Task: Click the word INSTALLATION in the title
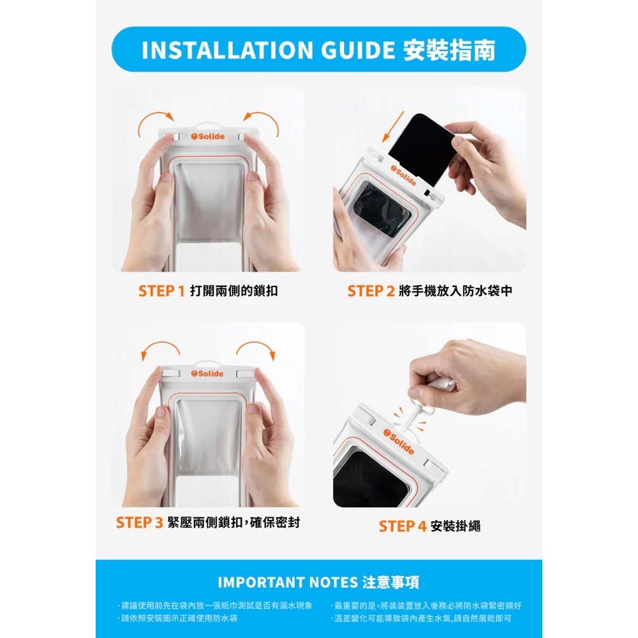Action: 226,50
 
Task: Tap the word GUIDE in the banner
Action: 358,50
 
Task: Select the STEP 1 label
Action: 161,291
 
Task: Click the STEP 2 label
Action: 371,291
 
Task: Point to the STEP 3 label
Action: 139,523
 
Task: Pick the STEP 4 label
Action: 403,526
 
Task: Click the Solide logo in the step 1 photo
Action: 207,137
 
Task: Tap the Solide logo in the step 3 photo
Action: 207,373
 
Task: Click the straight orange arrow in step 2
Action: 392,126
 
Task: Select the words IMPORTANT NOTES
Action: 287,582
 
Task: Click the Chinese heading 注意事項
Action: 390,582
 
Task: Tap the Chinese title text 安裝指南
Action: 449,50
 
